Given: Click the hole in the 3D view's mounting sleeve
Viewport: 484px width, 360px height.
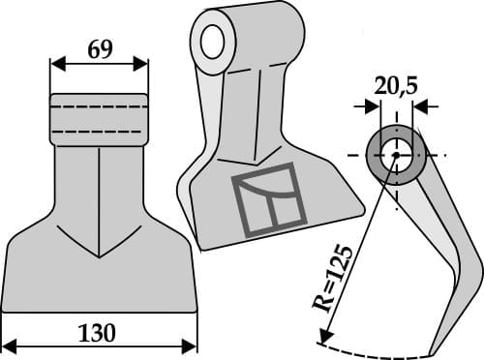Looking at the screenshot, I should (214, 37).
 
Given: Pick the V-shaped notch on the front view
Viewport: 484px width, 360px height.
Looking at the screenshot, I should (99, 254).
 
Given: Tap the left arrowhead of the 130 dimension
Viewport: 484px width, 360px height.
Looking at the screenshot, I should (10, 345).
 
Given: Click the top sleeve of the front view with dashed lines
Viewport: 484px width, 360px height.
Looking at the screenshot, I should (99, 118).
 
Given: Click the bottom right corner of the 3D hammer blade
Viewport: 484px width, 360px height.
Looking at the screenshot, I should (362, 206).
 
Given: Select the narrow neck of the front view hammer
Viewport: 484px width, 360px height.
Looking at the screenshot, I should (99, 174).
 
